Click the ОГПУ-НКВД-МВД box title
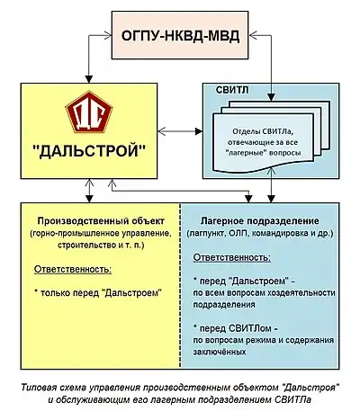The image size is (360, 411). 180,36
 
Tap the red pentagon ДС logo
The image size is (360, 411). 89,112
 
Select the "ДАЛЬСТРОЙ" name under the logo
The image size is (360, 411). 89,151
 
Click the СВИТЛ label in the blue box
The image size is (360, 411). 232,90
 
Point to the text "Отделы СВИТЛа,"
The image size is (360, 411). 263,131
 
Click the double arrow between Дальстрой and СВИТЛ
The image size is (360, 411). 180,131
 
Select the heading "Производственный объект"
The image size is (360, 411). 101,221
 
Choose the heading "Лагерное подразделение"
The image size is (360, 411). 259,221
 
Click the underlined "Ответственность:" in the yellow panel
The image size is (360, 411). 73,269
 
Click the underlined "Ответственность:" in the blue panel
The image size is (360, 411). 232,257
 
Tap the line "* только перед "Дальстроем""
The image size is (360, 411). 98,292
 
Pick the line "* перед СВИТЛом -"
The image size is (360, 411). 237,328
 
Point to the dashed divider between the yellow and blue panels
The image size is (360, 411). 180,286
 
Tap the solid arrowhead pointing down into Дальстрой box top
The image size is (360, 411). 89,79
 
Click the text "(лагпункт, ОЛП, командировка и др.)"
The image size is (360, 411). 260,233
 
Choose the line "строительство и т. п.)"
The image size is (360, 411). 101,245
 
